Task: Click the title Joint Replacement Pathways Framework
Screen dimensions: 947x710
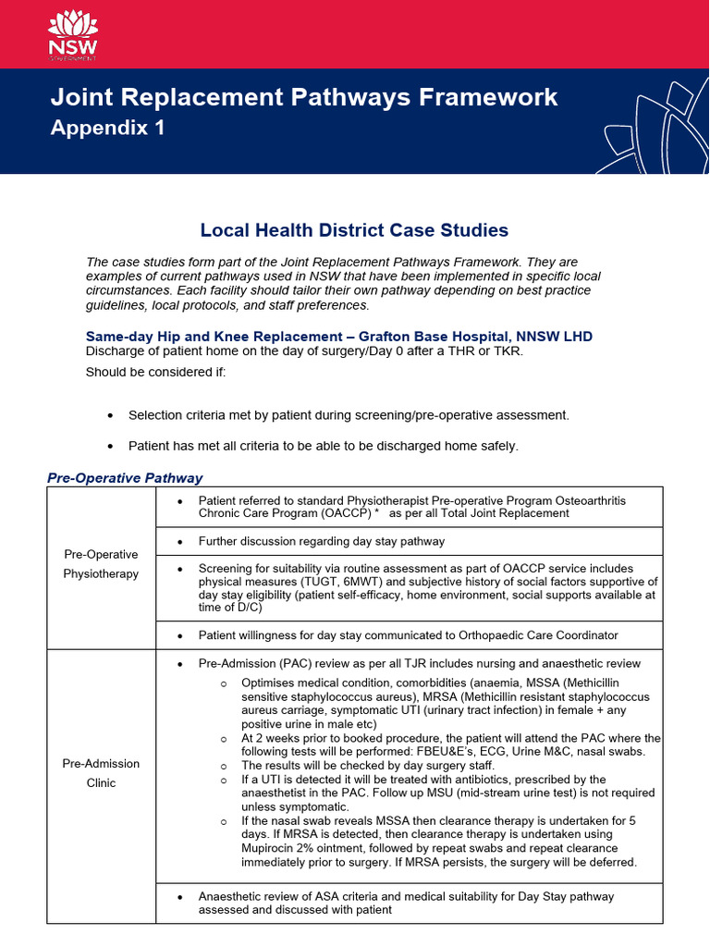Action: [303, 97]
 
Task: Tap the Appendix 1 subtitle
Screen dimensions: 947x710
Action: [107, 129]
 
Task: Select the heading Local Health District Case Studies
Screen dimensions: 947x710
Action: [354, 229]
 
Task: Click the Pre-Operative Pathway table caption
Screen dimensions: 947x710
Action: [125, 478]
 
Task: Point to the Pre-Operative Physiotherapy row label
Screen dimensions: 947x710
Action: [101, 564]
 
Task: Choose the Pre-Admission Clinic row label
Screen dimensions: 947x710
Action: [101, 773]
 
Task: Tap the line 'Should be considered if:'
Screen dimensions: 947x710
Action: [149, 373]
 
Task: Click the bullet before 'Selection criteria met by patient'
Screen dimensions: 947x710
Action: [111, 416]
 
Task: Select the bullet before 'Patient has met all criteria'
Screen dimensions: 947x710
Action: [111, 447]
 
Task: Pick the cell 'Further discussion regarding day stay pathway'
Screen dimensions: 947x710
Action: [321, 541]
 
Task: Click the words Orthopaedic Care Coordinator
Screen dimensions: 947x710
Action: [534, 635]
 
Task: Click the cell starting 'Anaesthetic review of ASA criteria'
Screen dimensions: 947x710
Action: [406, 903]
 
